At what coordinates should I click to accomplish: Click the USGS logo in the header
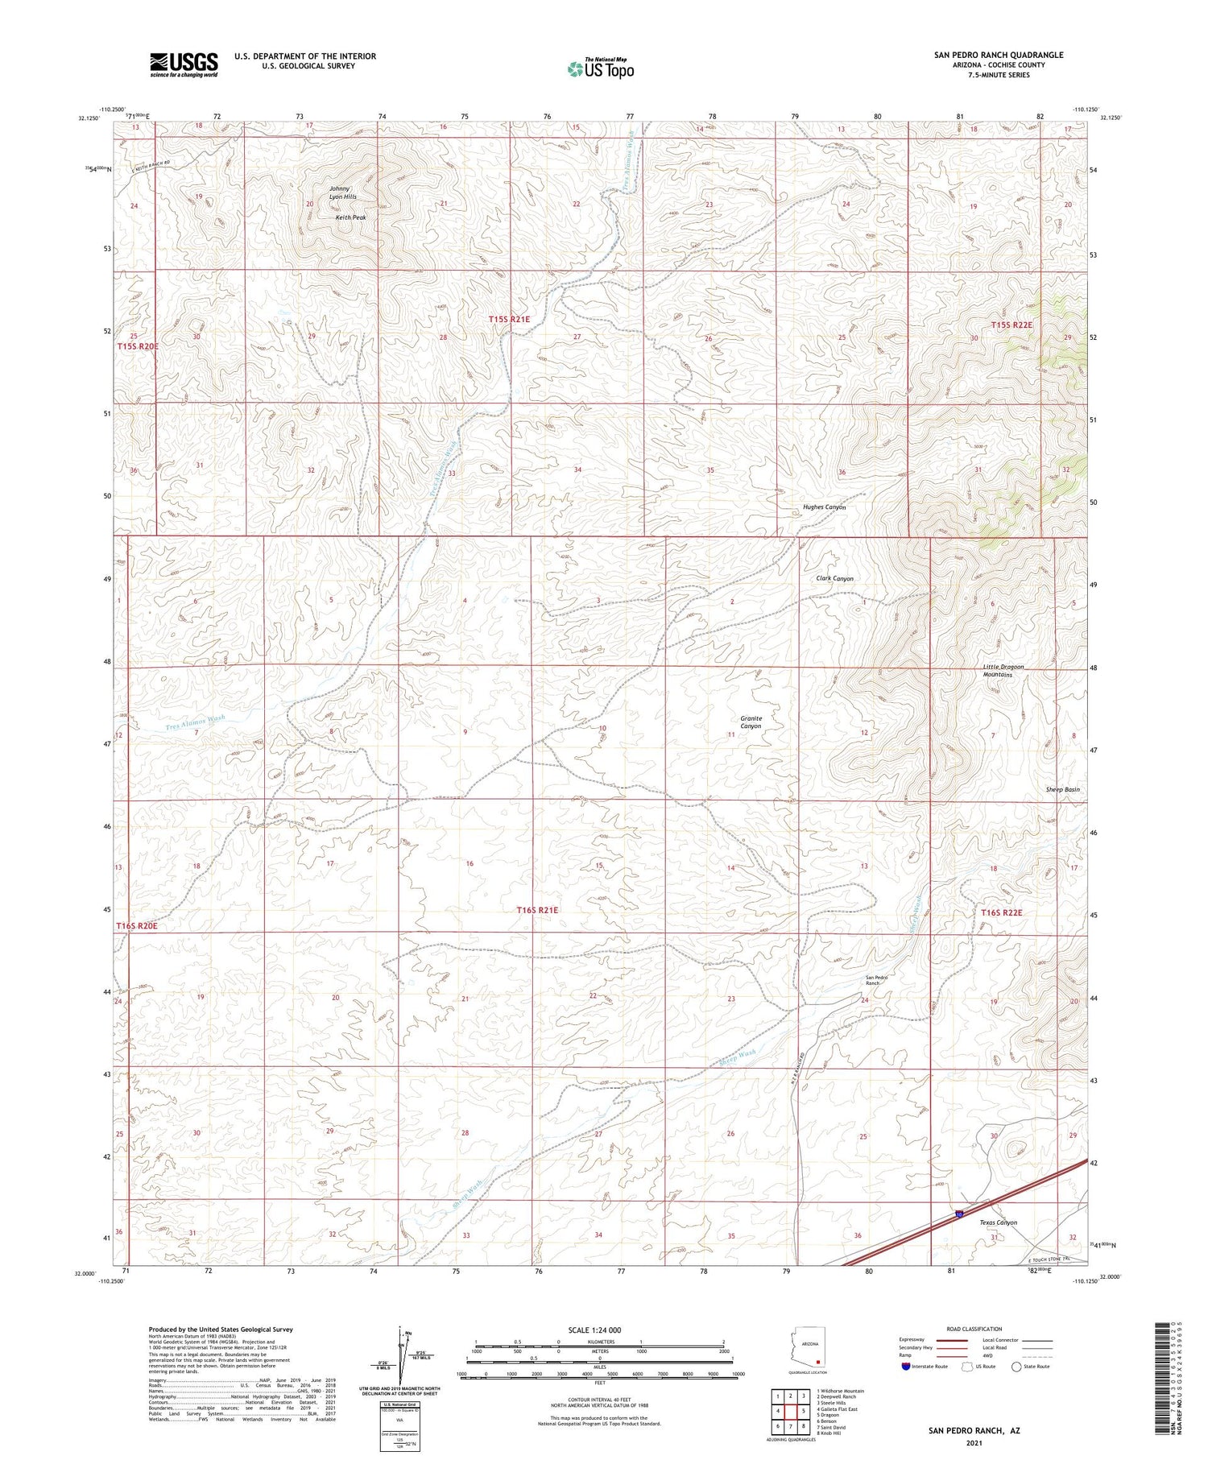[184, 64]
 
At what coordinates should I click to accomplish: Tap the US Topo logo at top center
[601, 68]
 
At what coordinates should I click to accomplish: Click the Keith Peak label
[350, 217]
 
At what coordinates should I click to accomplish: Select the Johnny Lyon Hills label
[342, 192]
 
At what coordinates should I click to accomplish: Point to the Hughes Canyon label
[824, 507]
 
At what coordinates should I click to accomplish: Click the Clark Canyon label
[834, 578]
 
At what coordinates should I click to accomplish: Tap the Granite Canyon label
[751, 722]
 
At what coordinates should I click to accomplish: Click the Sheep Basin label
[1062, 789]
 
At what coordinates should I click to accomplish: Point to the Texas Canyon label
[998, 1222]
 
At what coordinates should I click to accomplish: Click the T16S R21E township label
[537, 909]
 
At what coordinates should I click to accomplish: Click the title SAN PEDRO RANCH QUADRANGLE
[998, 55]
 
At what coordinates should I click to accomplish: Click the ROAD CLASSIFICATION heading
[974, 1329]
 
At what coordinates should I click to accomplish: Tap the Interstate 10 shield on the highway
[958, 1214]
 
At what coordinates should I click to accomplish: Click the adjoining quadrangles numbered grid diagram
[792, 1411]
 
